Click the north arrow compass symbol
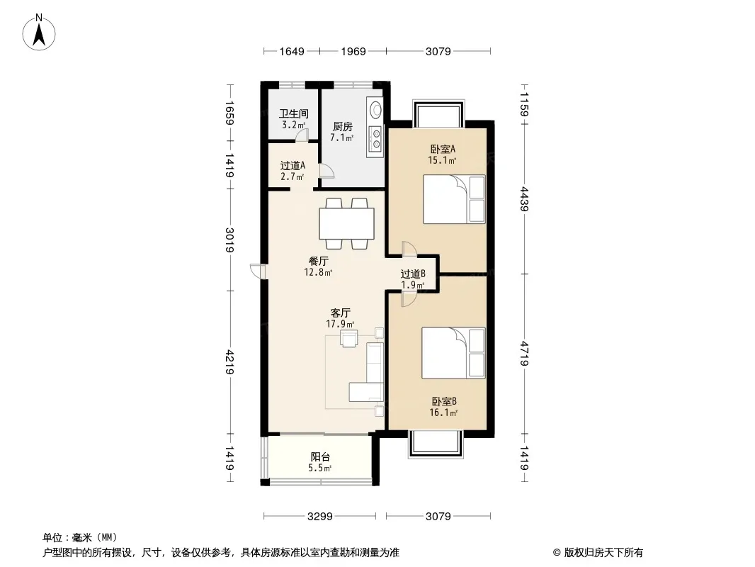pos(39,32)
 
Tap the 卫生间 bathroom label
pos(293,114)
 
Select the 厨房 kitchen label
pos(342,127)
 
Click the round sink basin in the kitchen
pos(374,109)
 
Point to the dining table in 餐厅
pos(346,223)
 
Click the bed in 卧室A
pos(454,199)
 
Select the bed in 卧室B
pos(453,353)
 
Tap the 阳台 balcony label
pos(320,456)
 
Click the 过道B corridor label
pos(413,274)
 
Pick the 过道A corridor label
pos(293,166)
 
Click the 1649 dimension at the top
pos(292,51)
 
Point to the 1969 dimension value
pos(353,51)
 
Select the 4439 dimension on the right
pos(524,199)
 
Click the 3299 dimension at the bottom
pos(319,517)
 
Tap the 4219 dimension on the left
pos(230,362)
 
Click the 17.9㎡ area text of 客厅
pos(340,324)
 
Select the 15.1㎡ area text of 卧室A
pos(442,160)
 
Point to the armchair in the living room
pos(348,338)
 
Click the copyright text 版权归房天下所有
pos(603,553)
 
